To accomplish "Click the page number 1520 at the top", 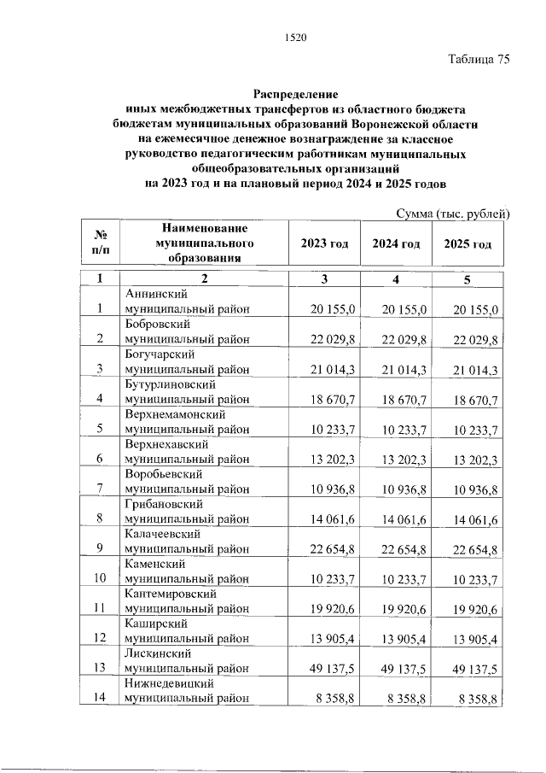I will coord(293,37).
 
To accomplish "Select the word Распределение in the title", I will coord(295,93).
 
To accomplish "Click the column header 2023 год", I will coord(324,244).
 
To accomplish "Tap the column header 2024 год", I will coord(396,244).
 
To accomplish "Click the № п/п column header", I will coord(100,244).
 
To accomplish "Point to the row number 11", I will coord(100,607).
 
